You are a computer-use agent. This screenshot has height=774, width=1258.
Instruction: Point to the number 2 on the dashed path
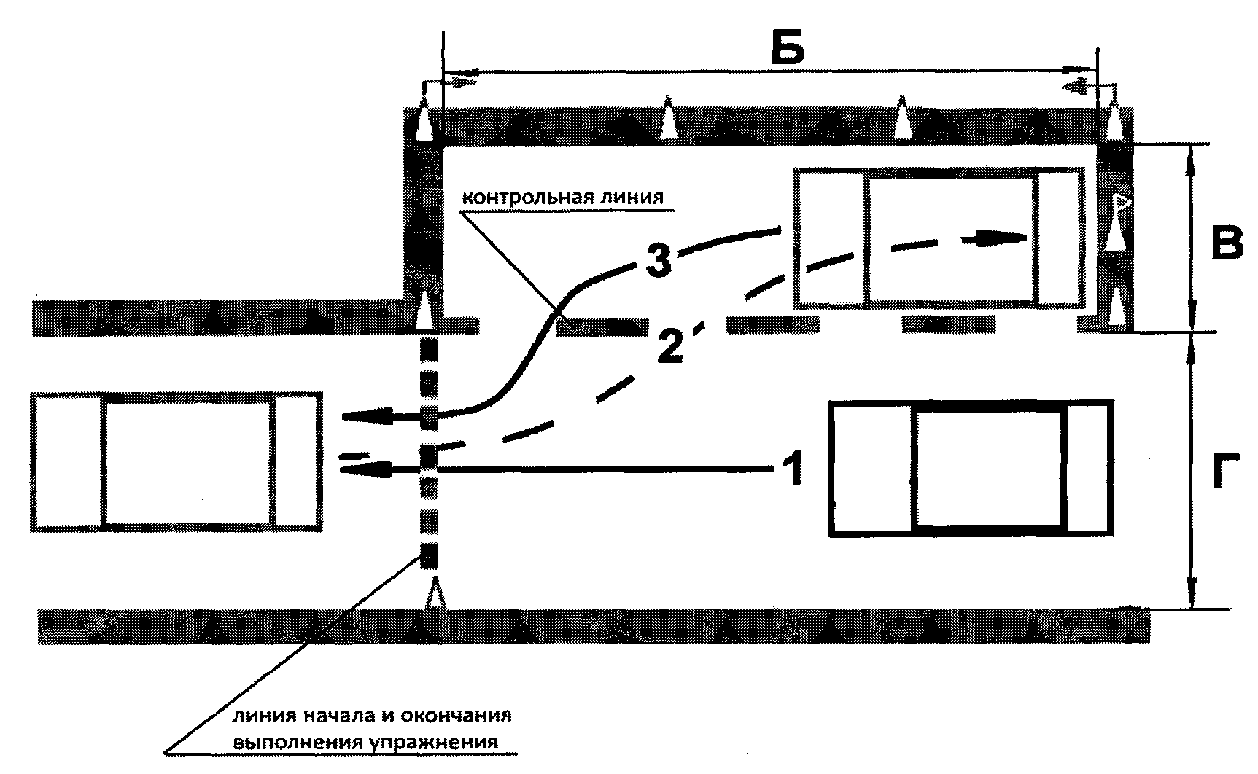point(669,345)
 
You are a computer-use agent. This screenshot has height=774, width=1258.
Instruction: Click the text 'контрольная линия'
point(562,198)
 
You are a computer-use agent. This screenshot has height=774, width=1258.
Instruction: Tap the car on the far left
point(176,461)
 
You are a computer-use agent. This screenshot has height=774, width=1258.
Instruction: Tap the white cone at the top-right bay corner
point(1114,121)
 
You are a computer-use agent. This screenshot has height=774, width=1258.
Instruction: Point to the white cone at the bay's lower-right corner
point(1117,307)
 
